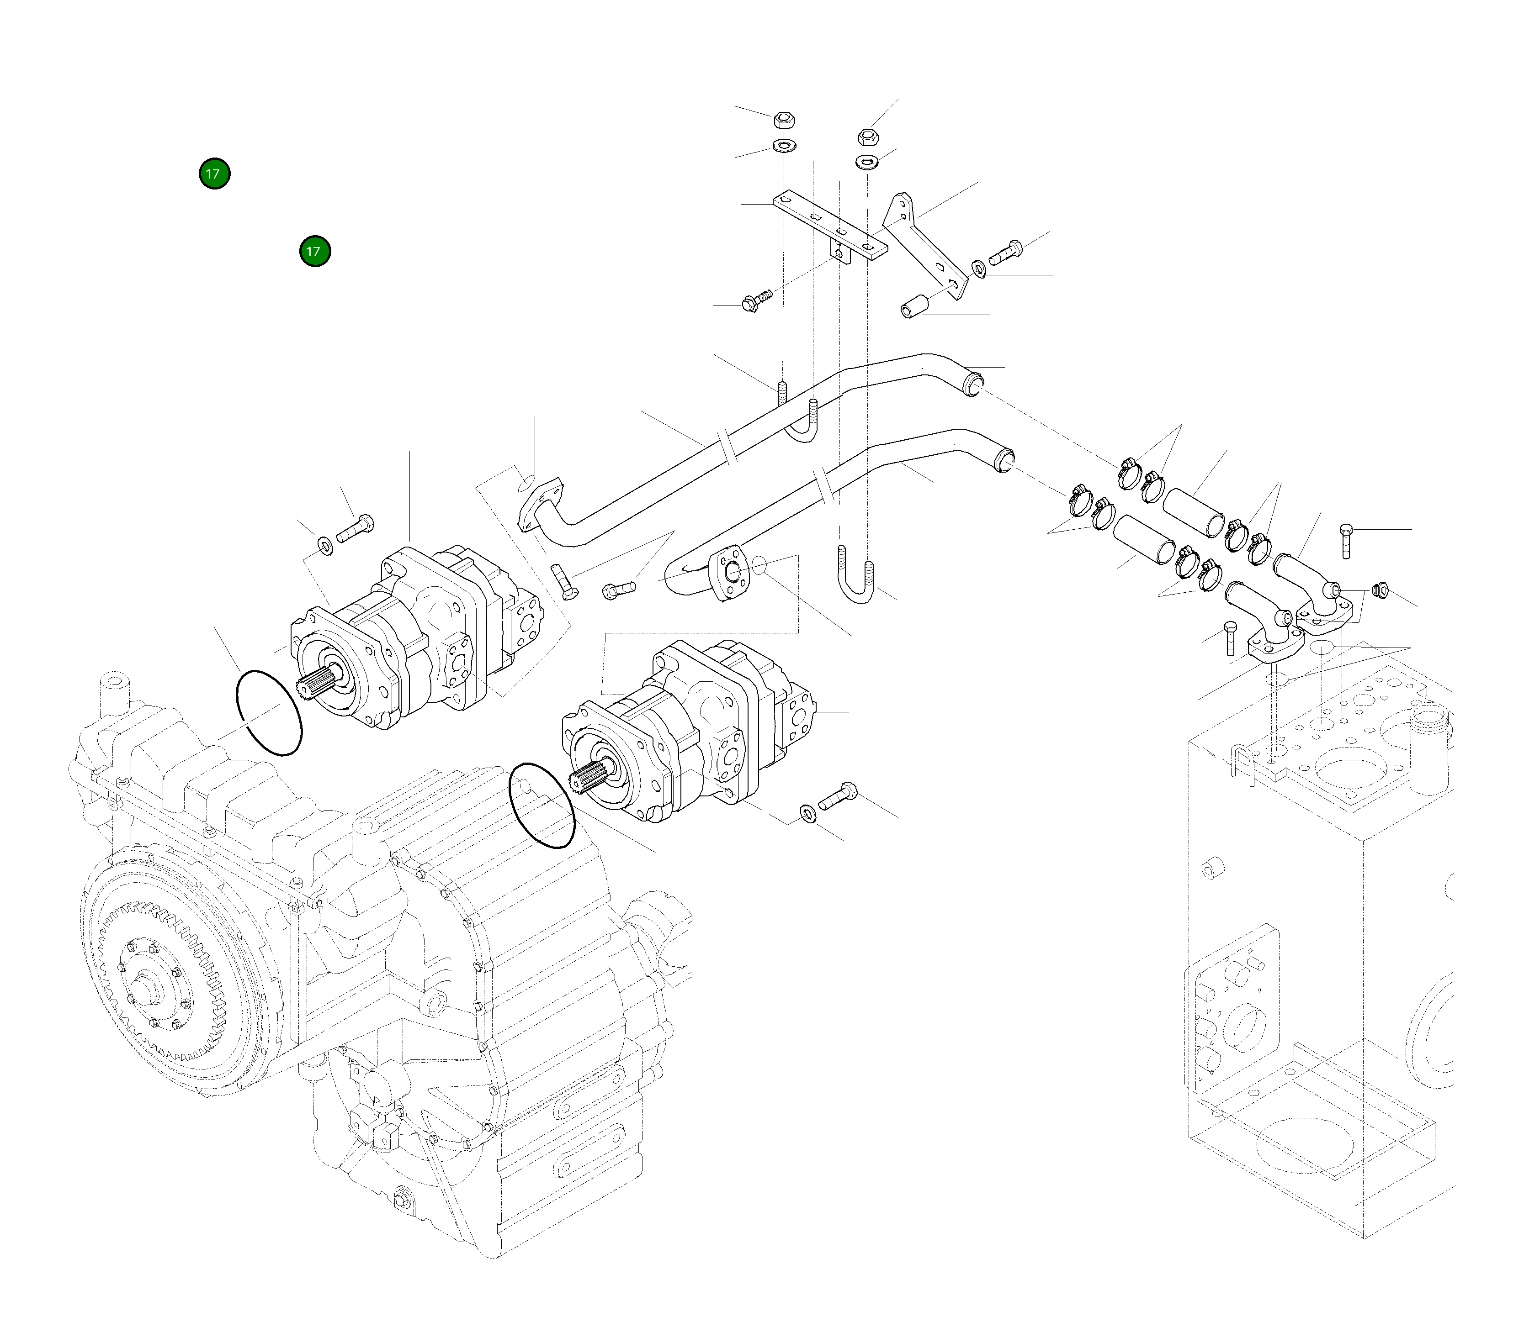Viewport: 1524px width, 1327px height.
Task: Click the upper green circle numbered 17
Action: click(x=214, y=174)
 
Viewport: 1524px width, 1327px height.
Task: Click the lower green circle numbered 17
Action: click(x=315, y=252)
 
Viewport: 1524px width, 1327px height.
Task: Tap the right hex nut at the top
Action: click(x=867, y=137)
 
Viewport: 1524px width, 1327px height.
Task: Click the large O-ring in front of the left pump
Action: click(x=268, y=712)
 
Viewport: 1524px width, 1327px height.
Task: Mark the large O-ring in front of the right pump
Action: click(x=542, y=805)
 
